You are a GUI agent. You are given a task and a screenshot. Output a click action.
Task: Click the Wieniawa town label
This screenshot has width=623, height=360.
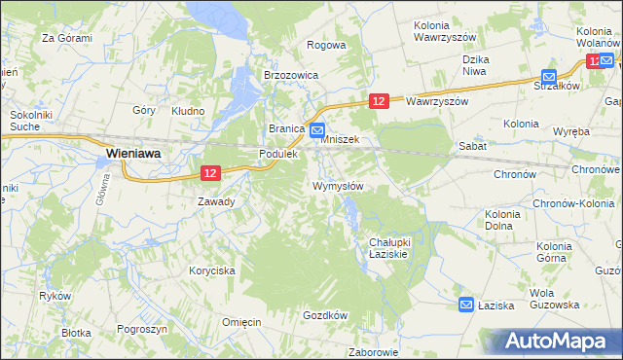133,153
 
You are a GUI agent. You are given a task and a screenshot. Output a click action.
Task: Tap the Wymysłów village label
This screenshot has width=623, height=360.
338,186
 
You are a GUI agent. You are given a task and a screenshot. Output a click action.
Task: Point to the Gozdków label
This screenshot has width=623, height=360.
325,315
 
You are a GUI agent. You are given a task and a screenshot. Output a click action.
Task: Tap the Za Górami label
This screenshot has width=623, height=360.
66,39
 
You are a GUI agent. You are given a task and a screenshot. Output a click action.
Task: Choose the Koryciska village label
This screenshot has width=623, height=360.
212,271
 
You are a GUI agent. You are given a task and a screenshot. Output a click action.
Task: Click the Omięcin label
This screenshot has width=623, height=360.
241,323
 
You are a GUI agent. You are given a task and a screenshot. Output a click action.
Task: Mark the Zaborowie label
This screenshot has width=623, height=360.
374,352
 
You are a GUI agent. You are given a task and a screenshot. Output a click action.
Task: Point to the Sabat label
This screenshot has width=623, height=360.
472,144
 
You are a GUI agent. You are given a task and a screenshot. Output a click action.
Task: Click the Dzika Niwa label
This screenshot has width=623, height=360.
474,65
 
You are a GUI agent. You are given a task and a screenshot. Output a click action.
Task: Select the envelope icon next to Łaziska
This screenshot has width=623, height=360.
466,305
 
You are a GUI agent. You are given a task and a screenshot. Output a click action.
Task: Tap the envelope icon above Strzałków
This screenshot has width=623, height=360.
549,76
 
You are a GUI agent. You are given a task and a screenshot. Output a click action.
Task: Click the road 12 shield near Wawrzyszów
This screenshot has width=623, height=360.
380,101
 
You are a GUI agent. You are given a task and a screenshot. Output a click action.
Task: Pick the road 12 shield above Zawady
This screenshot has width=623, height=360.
211,172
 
